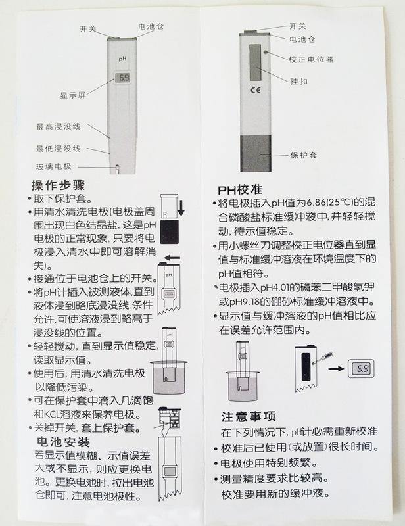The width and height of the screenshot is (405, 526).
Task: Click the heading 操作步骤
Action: (x=58, y=185)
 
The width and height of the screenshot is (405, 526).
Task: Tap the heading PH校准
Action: (x=240, y=190)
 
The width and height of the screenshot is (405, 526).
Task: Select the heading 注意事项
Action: (x=249, y=417)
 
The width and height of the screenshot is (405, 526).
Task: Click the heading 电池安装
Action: (x=63, y=442)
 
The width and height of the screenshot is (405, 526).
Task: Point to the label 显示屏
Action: (x=73, y=95)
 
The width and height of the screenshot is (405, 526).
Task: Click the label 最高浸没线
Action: (x=59, y=126)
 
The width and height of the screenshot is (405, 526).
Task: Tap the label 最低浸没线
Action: (x=59, y=149)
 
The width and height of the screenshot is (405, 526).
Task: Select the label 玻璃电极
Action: (x=54, y=166)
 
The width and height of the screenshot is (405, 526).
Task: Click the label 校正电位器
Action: (x=311, y=60)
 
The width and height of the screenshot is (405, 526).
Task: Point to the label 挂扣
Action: (x=299, y=81)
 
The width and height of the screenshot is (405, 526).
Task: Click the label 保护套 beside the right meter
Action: (x=304, y=155)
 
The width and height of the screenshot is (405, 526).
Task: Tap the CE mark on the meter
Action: (x=256, y=90)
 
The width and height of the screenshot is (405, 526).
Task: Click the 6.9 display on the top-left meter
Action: (x=122, y=78)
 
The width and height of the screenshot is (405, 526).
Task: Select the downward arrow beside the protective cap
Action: (x=181, y=208)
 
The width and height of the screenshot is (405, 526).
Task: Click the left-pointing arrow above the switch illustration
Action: (x=172, y=258)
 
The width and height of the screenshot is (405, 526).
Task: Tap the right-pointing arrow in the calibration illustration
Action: (x=336, y=368)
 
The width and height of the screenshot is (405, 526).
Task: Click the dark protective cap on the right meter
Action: (x=256, y=153)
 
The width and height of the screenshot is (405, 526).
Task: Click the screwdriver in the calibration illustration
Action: (x=322, y=357)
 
